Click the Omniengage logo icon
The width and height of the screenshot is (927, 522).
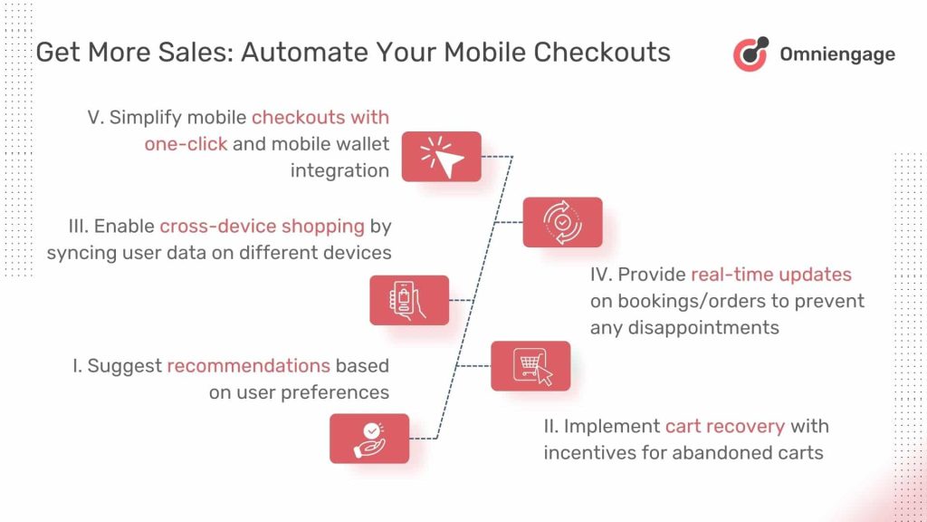[750, 53]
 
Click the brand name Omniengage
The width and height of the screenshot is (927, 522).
[836, 54]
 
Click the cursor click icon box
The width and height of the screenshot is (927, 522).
[441, 157]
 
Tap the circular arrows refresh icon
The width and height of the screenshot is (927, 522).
[562, 222]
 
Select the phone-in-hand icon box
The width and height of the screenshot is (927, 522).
[409, 300]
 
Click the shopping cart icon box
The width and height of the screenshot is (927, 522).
[530, 366]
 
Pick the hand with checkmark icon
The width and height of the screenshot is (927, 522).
[369, 439]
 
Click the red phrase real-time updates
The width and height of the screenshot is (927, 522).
[771, 275]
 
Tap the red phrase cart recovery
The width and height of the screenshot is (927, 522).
[725, 426]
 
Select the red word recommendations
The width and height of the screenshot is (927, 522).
[248, 366]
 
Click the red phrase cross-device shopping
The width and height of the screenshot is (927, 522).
[262, 226]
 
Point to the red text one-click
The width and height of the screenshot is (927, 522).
[186, 144]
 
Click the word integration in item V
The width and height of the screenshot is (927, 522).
[339, 170]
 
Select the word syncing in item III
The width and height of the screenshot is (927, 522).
[79, 252]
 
